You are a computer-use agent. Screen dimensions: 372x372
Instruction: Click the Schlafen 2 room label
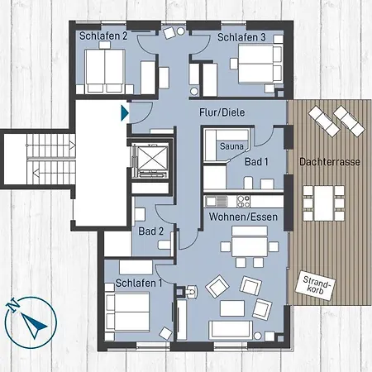coord(103,36)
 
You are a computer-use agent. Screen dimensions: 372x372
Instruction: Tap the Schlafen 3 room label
coord(241,37)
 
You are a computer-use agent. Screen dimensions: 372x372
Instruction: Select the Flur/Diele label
coord(222,112)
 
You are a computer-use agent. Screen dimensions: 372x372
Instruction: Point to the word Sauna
coord(231,146)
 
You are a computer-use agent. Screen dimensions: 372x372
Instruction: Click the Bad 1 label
coord(256,162)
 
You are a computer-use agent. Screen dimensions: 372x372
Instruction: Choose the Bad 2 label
coord(151,231)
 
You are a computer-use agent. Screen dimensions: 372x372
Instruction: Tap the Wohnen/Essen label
coord(243,217)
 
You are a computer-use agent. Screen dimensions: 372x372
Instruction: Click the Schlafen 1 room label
coord(139,283)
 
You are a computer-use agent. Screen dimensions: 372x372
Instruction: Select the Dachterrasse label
coord(330,162)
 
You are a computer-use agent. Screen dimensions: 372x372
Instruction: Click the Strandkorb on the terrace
coord(315,285)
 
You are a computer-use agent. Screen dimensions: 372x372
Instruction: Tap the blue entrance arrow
coord(125,112)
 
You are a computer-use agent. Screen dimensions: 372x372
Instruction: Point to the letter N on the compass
coord(12,305)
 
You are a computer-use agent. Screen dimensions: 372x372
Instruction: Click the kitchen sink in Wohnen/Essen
coord(217,202)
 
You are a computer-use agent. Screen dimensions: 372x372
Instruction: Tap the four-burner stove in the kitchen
coord(244,202)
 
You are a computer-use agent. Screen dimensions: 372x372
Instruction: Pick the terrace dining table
coord(324,203)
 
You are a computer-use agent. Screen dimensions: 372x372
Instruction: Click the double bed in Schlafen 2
coord(105,71)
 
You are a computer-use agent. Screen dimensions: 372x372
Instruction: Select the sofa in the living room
coord(231,330)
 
